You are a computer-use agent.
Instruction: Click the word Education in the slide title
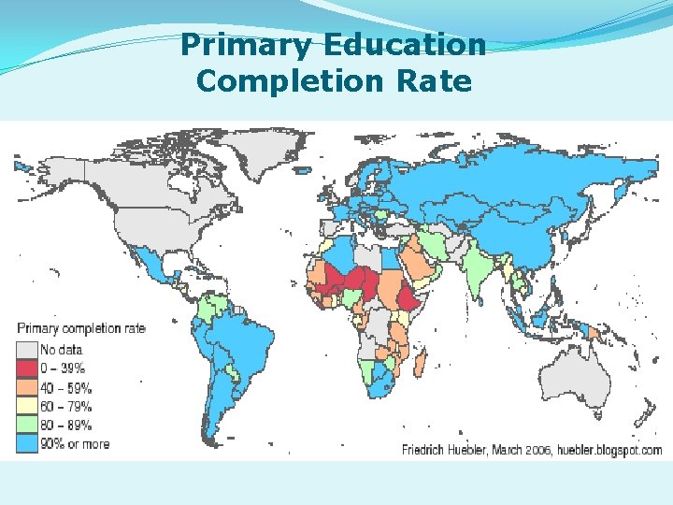click(406, 45)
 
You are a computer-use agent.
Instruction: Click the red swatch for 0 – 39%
click(26, 368)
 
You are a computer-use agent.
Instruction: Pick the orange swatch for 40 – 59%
click(26, 387)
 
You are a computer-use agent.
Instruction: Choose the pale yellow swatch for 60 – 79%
click(26, 406)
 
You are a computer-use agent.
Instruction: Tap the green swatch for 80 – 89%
click(26, 425)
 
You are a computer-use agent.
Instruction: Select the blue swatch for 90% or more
click(26, 443)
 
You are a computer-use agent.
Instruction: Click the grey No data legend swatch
click(26, 350)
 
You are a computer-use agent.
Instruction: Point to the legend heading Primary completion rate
click(81, 328)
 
